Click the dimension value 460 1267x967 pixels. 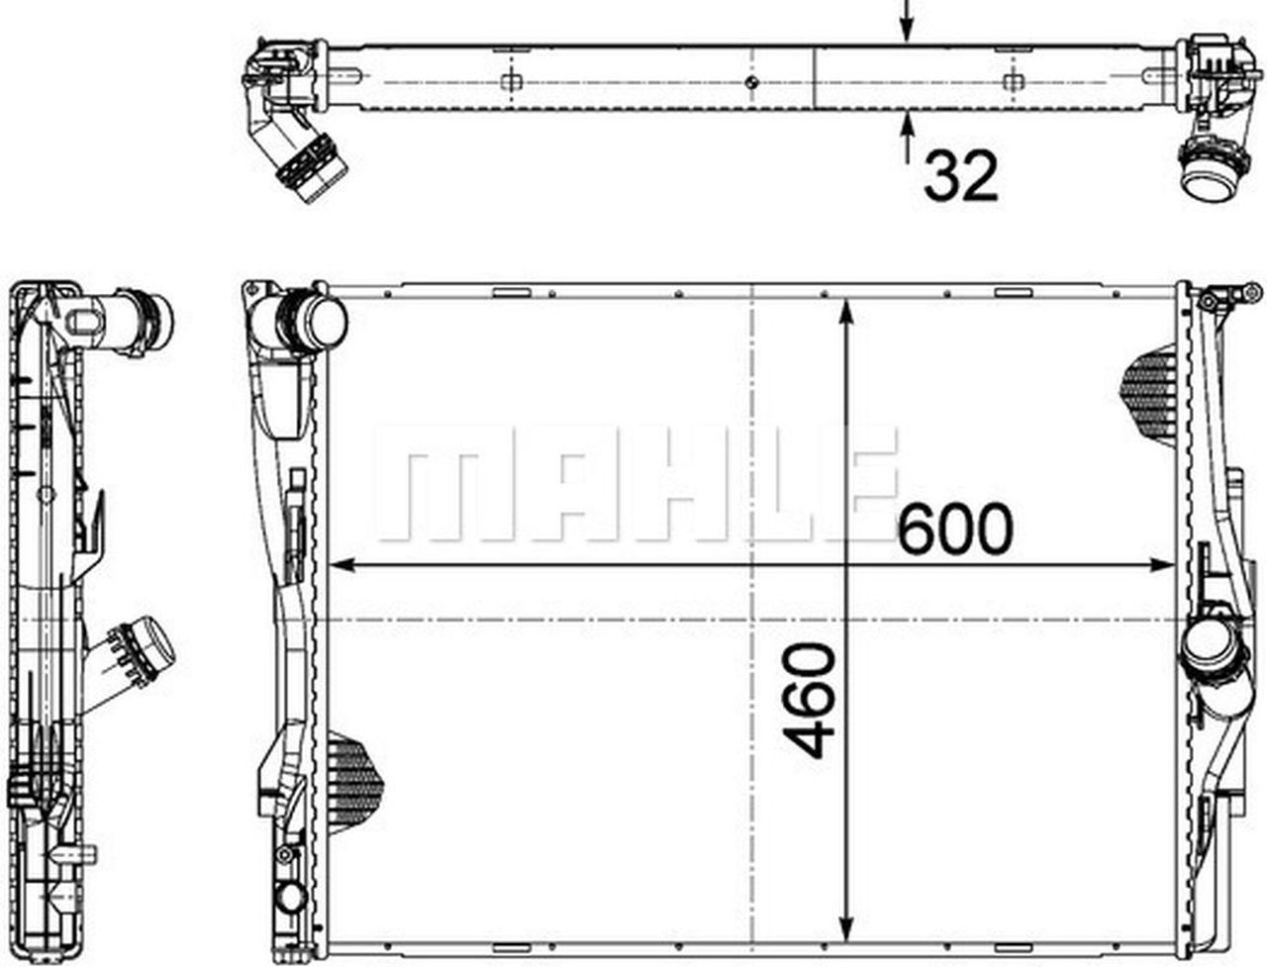[x=809, y=700]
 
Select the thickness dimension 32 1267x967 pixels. [x=959, y=177]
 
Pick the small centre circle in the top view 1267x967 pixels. [x=752, y=81]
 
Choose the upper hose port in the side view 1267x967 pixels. [x=144, y=318]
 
